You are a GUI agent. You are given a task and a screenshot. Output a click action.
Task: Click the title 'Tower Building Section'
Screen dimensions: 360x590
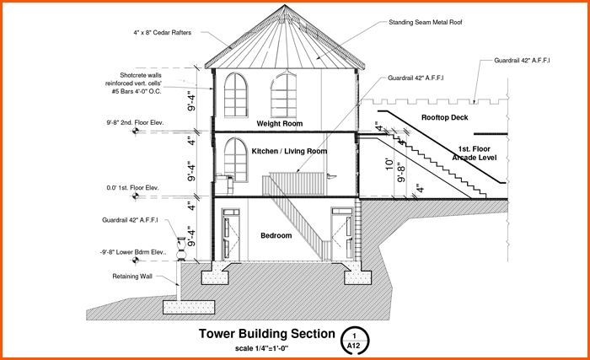[x=265, y=334]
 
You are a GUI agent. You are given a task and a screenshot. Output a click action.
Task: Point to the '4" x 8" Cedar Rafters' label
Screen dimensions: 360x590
[x=163, y=34]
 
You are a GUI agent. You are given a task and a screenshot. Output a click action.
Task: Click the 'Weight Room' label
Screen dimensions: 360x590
[x=280, y=124]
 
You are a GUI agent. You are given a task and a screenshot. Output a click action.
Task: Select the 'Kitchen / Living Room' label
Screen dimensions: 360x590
[x=289, y=151]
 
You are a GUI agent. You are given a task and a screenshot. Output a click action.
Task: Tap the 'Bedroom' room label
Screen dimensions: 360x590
[x=276, y=235]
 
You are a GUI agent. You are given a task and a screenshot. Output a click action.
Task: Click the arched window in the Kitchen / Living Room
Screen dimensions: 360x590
[x=235, y=157]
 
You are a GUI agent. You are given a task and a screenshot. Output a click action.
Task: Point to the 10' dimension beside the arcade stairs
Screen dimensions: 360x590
[x=389, y=165]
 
